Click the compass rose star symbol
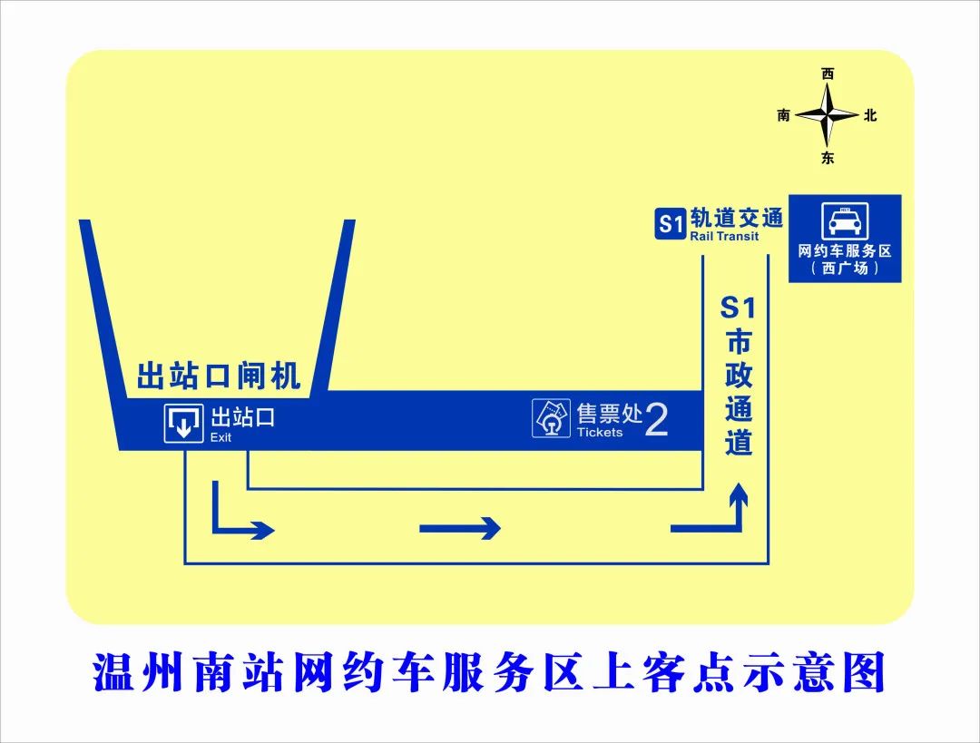coord(827,115)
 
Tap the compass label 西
coord(828,74)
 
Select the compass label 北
coord(870,115)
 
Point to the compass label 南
coord(784,115)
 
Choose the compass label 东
coord(828,158)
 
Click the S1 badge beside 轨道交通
coord(671,224)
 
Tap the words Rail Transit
coord(724,236)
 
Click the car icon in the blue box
coord(845,220)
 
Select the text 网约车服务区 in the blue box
coord(845,251)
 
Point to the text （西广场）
coord(845,269)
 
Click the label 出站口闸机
coord(219,376)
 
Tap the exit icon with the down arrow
coord(183,424)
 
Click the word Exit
coord(220,437)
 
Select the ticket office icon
coord(551,418)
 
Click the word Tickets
coord(600,433)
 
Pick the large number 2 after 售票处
coord(656,420)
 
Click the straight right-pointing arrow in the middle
coord(459,529)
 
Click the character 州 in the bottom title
coord(162,671)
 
